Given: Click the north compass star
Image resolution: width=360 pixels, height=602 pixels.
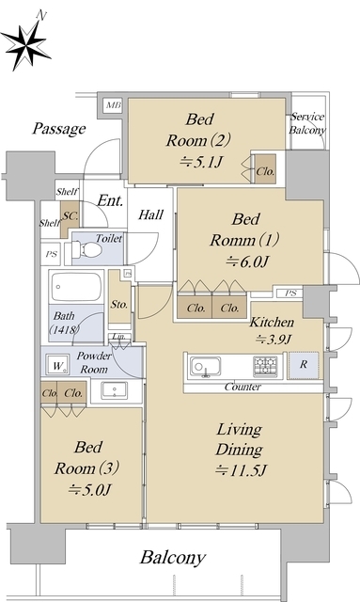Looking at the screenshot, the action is click(25, 45).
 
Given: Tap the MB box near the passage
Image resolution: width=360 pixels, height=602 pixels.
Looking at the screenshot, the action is click(113, 105).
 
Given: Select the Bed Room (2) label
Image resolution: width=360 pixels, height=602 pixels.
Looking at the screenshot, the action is click(198, 130).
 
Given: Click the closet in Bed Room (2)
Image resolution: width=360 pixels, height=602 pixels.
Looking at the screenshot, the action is click(266, 169).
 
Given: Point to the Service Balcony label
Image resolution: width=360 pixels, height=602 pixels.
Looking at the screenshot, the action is click(307, 123).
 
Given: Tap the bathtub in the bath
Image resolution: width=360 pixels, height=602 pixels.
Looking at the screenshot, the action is click(77, 287).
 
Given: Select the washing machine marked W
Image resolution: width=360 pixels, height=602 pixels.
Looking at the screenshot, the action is click(57, 365).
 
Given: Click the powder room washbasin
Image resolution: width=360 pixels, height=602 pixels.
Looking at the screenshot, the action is click(115, 390).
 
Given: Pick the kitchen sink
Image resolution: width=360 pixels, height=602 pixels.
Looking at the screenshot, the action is click(205, 367).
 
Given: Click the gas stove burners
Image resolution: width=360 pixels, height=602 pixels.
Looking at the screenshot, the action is click(265, 366).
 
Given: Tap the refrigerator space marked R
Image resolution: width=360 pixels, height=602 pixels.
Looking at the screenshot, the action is click(304, 365).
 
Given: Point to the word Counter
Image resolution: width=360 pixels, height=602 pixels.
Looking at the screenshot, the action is click(243, 387).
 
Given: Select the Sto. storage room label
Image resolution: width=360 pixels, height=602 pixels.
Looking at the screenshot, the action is click(119, 305).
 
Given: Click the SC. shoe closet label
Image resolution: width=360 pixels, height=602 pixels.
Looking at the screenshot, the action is click(70, 215).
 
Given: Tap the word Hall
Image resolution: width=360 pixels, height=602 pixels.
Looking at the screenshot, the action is click(150, 214).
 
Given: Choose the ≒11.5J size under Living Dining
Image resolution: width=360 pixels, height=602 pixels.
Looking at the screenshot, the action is click(241, 470).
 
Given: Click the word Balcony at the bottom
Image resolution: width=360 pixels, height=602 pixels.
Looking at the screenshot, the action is click(173, 558).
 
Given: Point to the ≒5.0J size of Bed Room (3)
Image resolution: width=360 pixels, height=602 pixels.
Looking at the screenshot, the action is click(89, 490).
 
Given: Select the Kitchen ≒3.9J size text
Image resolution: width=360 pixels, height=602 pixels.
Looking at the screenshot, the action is click(274, 340).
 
